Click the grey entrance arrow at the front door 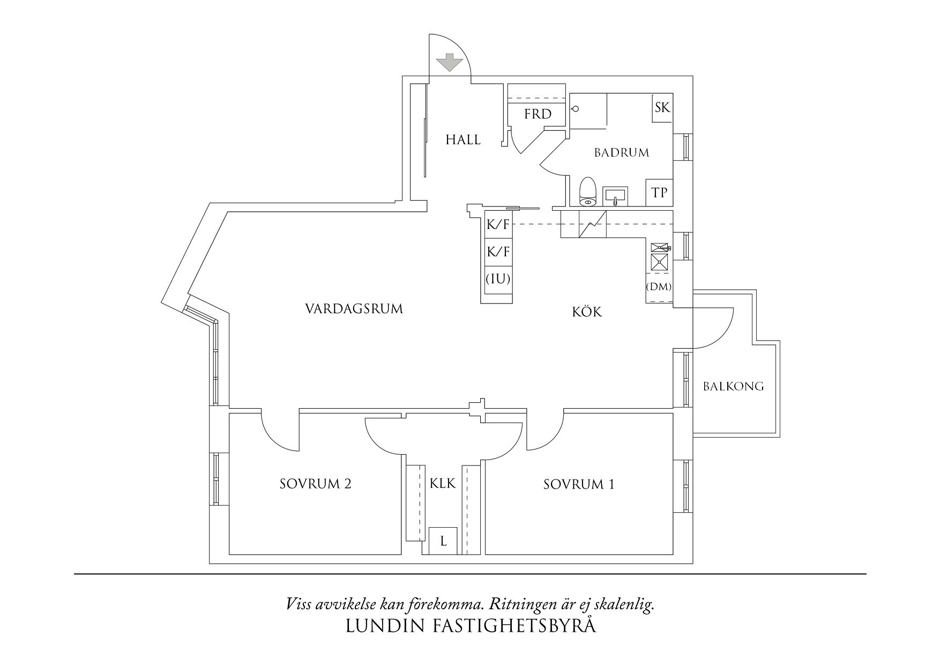449,63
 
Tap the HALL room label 463,140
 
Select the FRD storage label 538,114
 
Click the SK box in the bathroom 662,108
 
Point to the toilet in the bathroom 588,191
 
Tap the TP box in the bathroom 659,192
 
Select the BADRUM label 621,153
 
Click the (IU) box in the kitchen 498,279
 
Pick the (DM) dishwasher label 659,287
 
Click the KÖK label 587,312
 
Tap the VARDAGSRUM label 354,309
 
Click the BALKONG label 733,386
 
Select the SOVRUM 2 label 315,484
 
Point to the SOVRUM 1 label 579,485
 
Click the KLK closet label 442,484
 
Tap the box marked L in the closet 443,542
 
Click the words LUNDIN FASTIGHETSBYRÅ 471,626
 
